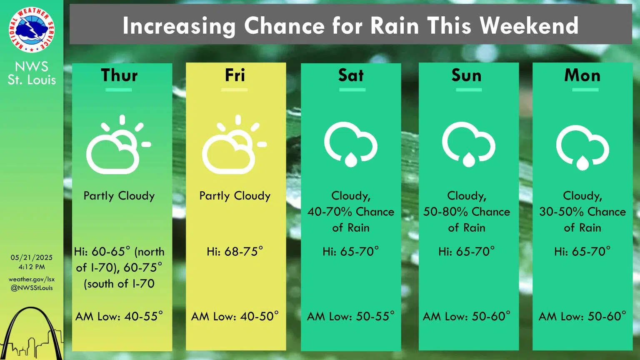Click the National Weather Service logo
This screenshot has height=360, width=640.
(x=31, y=30)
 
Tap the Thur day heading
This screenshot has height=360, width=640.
(x=119, y=75)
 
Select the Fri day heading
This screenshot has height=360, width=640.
(x=235, y=75)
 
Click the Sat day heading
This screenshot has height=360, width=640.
(x=351, y=75)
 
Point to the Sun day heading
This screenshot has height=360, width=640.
(x=467, y=75)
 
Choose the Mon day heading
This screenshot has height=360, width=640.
(x=582, y=75)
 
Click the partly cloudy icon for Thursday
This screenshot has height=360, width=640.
(x=119, y=145)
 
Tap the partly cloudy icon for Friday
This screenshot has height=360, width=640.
(x=234, y=145)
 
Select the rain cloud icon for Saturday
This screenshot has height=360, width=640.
(x=351, y=144)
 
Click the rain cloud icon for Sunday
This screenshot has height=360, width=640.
(x=469, y=144)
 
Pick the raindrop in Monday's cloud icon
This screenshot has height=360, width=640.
(x=582, y=163)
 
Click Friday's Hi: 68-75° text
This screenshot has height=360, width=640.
(x=235, y=251)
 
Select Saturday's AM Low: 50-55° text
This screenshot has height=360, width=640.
(x=351, y=316)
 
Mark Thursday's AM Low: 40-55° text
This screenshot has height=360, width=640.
(x=119, y=316)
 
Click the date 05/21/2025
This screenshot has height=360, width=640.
(x=31, y=258)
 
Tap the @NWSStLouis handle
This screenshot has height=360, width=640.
(x=31, y=288)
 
